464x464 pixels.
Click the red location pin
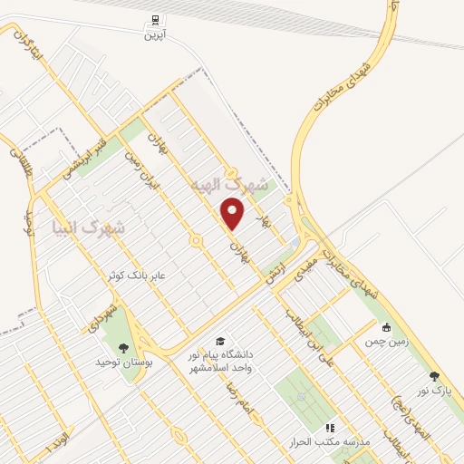(x=234, y=214)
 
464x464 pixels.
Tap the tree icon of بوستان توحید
(x=123, y=347)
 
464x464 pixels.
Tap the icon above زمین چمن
(x=387, y=327)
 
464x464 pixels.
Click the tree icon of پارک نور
(x=433, y=376)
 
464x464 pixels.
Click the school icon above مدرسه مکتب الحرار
(x=330, y=427)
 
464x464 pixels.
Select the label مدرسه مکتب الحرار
(x=330, y=440)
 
